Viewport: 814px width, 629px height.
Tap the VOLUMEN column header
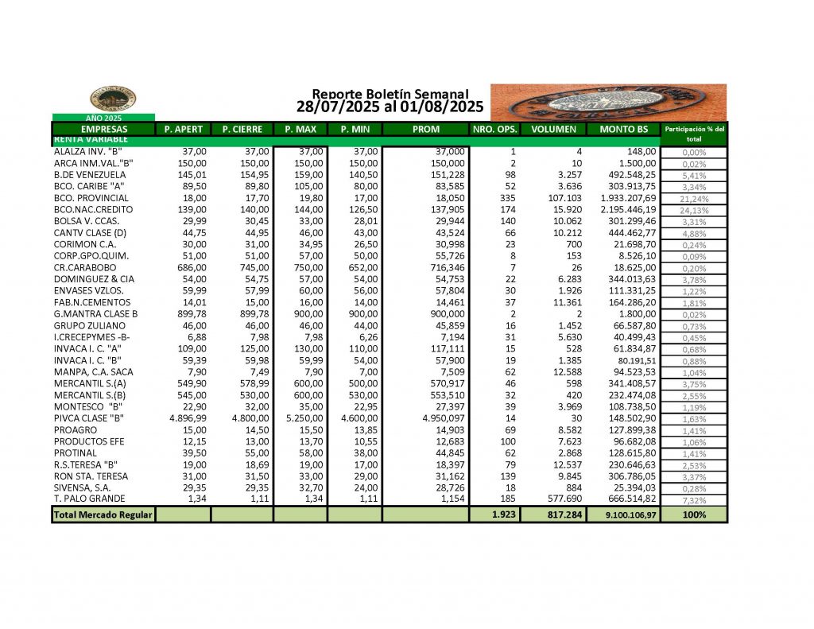click(554, 129)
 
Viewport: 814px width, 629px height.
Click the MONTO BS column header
click(626, 129)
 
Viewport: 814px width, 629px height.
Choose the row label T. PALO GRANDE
click(89, 499)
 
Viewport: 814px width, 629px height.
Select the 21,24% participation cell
click(694, 198)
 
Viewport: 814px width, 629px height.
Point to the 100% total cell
click(694, 515)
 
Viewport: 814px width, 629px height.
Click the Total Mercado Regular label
click(102, 515)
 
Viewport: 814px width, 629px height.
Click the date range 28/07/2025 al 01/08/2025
click(390, 106)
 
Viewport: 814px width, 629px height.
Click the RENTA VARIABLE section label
click(87, 139)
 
